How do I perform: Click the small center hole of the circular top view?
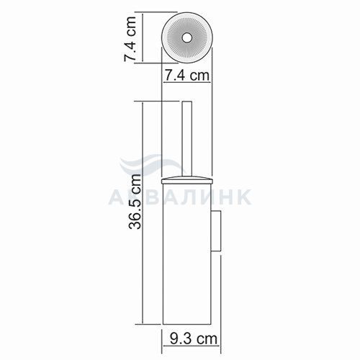coord(186,38)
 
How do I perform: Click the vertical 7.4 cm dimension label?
coord(130,39)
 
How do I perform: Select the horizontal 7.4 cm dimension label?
coord(187,76)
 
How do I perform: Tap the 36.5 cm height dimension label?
coord(135,202)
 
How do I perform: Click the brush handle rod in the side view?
coord(187,140)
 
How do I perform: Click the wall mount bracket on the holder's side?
coord(216,231)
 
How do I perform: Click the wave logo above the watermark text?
coord(152,166)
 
